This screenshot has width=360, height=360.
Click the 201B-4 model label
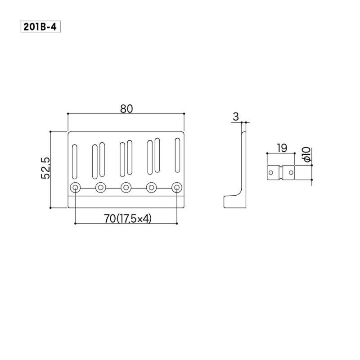[40, 27]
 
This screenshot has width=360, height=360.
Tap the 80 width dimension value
[126, 109]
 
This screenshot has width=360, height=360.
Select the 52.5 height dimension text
[45, 168]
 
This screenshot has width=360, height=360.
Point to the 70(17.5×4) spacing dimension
[128, 219]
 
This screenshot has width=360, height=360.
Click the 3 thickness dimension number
[236, 117]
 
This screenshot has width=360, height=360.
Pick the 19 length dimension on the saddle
[282, 148]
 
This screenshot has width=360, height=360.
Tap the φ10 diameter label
[306, 154]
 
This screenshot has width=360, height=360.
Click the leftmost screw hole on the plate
[75, 188]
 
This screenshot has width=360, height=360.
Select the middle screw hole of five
[126, 188]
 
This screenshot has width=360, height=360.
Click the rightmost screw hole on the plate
[177, 188]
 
